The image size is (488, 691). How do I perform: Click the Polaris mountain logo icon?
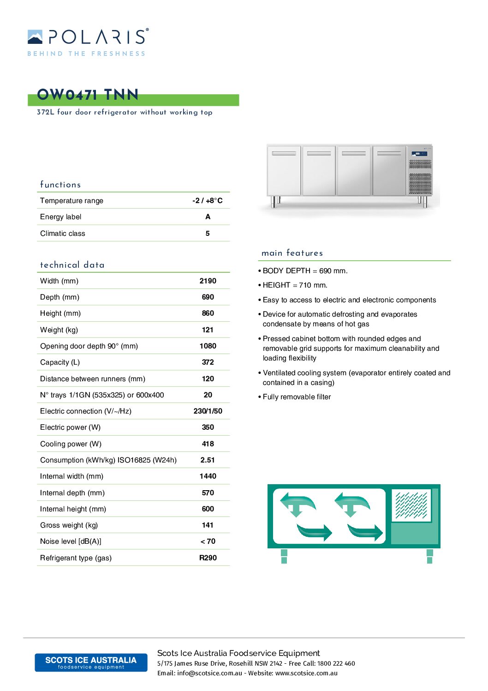35,37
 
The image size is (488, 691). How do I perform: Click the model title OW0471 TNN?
88,95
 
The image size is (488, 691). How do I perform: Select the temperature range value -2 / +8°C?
208,201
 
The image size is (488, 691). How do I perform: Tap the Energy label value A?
208,217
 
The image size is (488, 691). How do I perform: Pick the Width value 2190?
208,281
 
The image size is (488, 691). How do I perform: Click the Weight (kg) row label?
59,330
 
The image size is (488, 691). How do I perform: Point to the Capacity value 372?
208,362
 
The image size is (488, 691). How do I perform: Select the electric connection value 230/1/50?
208,411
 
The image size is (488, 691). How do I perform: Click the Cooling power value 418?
208,444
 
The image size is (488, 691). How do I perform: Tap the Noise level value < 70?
208,541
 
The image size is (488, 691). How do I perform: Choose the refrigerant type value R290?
208,558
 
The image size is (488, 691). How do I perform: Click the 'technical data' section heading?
72,265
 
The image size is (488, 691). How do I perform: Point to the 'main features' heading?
292,253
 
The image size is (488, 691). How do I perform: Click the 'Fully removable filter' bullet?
297,397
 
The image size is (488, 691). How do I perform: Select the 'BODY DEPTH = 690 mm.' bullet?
305,271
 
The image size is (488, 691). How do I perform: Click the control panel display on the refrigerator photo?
419,154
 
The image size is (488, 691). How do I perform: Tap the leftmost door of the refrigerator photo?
284,170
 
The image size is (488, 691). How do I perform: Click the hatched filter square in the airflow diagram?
411,505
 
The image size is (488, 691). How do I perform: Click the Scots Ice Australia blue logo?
91,662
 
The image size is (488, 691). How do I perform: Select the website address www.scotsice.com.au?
306,673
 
